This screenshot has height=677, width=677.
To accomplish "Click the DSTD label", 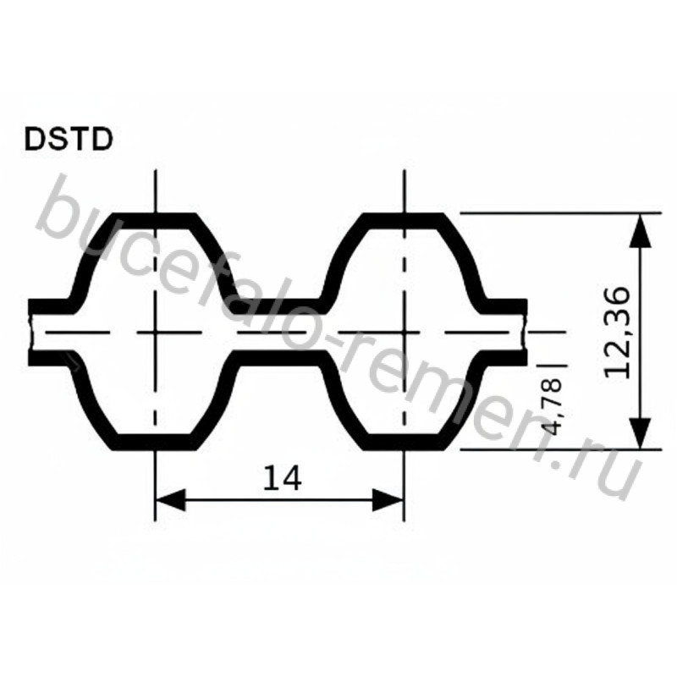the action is [69, 139].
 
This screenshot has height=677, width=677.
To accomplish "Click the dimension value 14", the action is [282, 478].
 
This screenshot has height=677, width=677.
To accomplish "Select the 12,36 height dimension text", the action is [617, 333].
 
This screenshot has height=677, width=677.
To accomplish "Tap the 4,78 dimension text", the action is [552, 406].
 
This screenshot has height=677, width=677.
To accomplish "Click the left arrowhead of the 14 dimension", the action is [170, 500].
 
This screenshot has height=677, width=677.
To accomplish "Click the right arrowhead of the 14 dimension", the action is [388, 500].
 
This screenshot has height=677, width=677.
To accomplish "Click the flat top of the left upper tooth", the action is [155, 220].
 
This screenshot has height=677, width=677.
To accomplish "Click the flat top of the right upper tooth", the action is [404, 220].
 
